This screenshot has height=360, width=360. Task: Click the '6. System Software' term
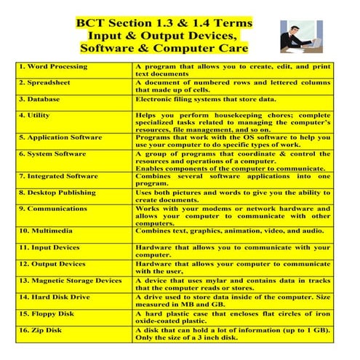click(52, 153)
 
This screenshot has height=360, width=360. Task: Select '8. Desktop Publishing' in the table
click(57, 193)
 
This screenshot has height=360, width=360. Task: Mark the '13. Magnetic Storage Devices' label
click(71, 281)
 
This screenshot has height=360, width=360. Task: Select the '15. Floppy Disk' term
click(47, 314)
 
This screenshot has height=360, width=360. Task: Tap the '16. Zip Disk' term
click(43, 331)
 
